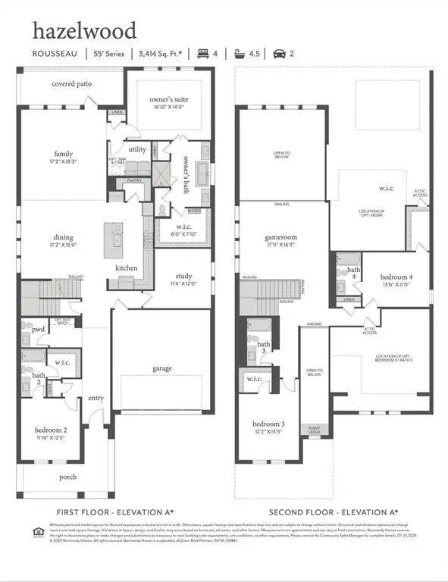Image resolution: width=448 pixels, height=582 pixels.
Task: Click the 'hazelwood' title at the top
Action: point(84,31)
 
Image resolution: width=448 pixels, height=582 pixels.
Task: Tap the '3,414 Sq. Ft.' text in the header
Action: point(160,54)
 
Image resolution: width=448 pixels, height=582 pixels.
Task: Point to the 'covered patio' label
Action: point(72,84)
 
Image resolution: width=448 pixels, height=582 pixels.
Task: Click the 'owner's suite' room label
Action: point(169,99)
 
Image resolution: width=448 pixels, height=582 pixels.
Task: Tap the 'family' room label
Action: point(64,154)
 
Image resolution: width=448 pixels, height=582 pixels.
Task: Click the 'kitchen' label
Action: point(127,268)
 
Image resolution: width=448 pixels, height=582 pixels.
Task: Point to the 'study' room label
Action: point(183,277)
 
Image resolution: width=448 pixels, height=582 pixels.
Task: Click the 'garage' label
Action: point(161,369)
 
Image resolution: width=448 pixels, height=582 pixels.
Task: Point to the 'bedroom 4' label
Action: point(396,277)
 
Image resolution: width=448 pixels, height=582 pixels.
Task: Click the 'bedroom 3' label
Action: point(268,424)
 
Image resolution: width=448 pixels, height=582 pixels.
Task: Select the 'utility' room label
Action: point(137,150)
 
